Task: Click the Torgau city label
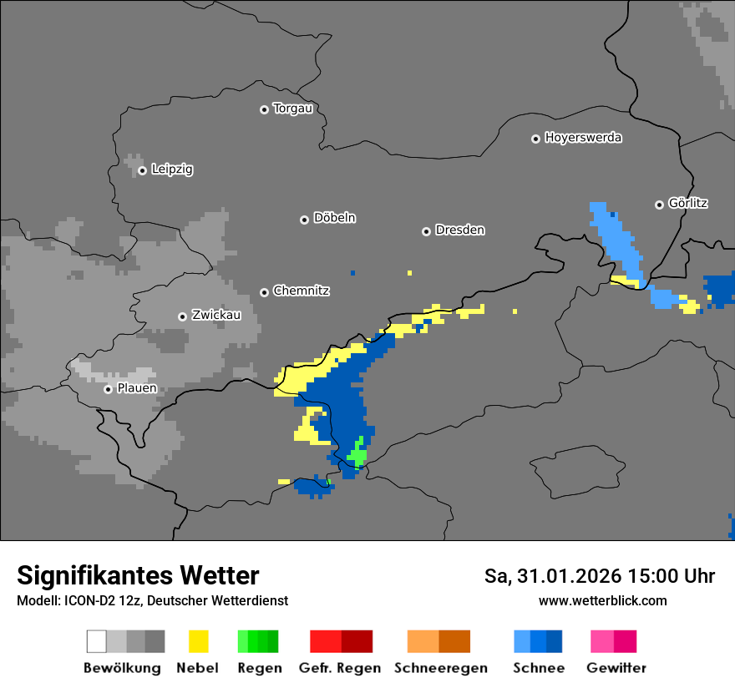pyautogui.click(x=292, y=109)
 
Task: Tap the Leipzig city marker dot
pyautogui.click(x=142, y=170)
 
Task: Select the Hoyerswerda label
pyautogui.click(x=583, y=138)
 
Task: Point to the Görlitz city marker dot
pyautogui.click(x=659, y=205)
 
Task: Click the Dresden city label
pyautogui.click(x=459, y=230)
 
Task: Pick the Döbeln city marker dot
pyautogui.click(x=304, y=220)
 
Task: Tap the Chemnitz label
pyautogui.click(x=301, y=291)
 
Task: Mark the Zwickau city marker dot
pyautogui.click(x=182, y=316)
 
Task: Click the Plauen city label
pyautogui.click(x=136, y=388)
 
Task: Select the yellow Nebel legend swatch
pyautogui.click(x=198, y=641)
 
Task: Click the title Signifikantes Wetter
pyautogui.click(x=138, y=575)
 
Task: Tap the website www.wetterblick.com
pyautogui.click(x=602, y=600)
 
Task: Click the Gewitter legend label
pyautogui.click(x=616, y=668)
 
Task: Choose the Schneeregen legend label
pyautogui.click(x=440, y=668)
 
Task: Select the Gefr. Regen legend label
pyautogui.click(x=339, y=668)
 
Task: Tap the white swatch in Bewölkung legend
pyautogui.click(x=97, y=641)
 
